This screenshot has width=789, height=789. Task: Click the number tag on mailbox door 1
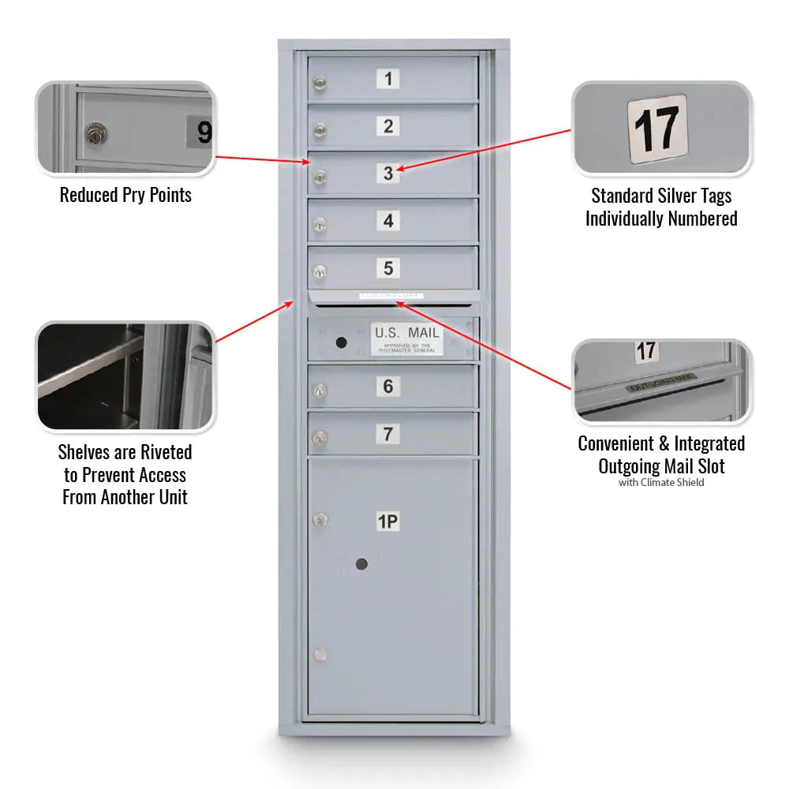click(387, 79)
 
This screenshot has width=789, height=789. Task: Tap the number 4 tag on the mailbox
click(387, 221)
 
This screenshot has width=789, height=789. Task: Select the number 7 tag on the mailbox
click(387, 434)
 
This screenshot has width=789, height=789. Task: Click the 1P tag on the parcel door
click(387, 522)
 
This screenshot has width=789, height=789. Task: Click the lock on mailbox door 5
click(319, 272)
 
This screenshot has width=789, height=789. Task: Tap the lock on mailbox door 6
click(319, 390)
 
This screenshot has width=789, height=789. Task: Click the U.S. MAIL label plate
click(407, 338)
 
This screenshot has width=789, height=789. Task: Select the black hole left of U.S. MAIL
click(341, 342)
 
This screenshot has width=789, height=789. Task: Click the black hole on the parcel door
click(361, 563)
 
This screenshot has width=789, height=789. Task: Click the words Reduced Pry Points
click(125, 195)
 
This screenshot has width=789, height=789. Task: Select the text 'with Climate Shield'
click(661, 482)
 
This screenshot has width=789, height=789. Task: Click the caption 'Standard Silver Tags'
click(661, 196)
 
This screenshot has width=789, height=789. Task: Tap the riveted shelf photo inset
click(125, 376)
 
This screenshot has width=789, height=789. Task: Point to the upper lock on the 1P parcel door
click(319, 519)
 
